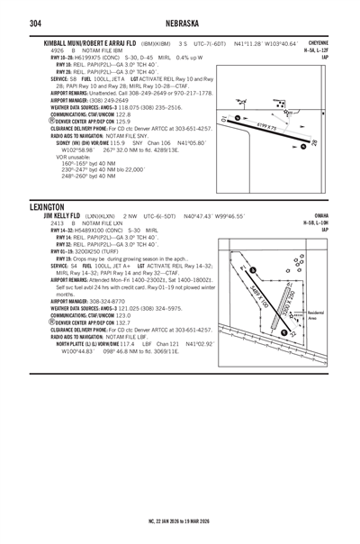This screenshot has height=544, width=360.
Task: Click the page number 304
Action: (15, 23)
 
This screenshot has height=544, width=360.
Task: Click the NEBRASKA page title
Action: (180, 23)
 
